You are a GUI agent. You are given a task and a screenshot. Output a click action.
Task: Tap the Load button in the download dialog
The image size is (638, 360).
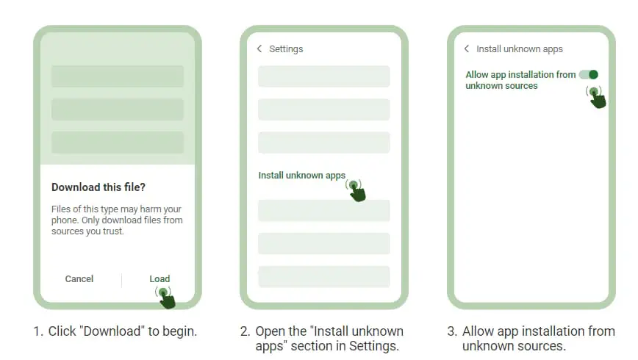click(159, 279)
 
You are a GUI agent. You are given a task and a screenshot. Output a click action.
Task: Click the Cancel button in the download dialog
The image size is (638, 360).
click(79, 279)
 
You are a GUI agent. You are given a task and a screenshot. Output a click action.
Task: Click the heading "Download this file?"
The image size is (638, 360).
click(98, 187)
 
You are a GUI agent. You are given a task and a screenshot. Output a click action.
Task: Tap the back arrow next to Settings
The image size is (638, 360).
click(259, 48)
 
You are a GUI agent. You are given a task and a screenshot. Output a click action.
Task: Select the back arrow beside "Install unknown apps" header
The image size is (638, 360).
click(466, 48)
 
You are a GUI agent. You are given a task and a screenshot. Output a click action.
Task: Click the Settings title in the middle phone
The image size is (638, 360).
click(286, 48)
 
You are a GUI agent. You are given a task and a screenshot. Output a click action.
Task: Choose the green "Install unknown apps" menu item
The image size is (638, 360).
click(302, 176)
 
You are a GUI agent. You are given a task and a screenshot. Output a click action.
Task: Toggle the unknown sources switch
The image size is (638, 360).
click(589, 74)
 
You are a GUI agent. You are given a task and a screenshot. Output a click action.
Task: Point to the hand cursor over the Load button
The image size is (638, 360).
click(165, 298)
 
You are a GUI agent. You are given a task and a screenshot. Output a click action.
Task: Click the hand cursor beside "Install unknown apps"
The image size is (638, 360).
click(356, 190)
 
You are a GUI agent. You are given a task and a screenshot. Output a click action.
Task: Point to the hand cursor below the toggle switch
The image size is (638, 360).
click(596, 97)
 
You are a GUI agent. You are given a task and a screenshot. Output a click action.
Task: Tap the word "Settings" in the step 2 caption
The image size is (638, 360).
click(373, 346)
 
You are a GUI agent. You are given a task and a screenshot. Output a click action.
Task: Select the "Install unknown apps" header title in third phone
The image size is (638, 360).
click(520, 48)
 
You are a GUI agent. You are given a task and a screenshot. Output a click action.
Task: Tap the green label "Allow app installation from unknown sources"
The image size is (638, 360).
click(520, 80)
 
